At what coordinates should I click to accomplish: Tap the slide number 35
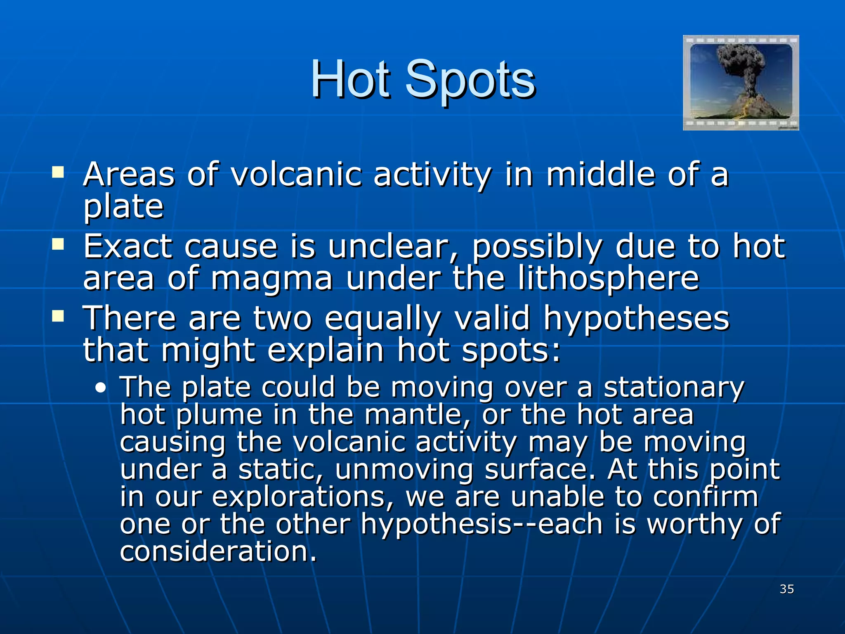pyautogui.click(x=787, y=589)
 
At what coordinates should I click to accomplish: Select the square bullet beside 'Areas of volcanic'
pyautogui.click(x=58, y=172)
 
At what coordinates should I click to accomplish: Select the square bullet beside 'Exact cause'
pyautogui.click(x=58, y=244)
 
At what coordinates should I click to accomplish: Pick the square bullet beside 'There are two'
pyautogui.click(x=58, y=316)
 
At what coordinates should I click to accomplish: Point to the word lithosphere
pyautogui.click(x=609, y=278)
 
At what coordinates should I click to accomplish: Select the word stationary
pyautogui.click(x=674, y=388)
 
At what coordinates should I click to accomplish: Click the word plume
pyautogui.click(x=219, y=415)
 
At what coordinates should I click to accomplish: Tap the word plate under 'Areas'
pyautogui.click(x=123, y=206)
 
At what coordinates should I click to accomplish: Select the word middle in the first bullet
pyautogui.click(x=601, y=174)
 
